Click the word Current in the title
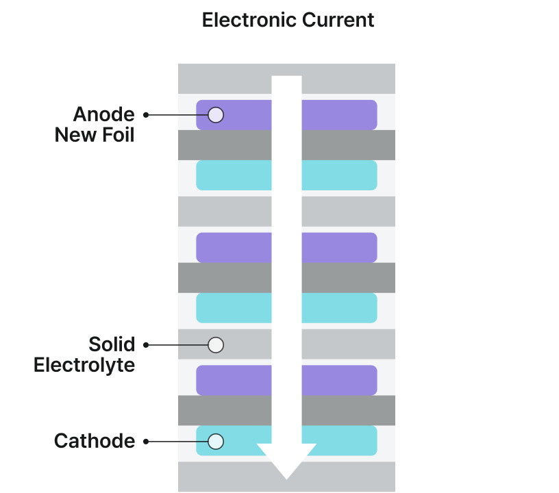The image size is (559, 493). tap(343, 20)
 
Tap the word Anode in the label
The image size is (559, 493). tap(103, 114)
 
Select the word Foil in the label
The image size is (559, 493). tap(117, 134)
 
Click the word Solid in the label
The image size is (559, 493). tap(111, 344)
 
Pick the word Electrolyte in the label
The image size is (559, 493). tap(84, 364)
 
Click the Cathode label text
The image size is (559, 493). tap(95, 441)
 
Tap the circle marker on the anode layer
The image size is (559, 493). tap(216, 115)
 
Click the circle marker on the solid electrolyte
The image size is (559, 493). tap(216, 344)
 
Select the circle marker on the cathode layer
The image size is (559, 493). tap(216, 442)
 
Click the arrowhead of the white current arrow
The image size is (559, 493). tap(286, 461)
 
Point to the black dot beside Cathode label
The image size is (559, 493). tap(146, 442)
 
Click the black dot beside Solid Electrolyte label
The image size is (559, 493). tap(146, 345)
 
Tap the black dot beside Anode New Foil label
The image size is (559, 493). tap(146, 115)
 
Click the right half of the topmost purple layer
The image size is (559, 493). tap(339, 115)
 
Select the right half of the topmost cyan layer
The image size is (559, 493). tap(339, 175)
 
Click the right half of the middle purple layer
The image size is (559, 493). tap(339, 248)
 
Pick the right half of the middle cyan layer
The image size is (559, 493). tap(339, 308)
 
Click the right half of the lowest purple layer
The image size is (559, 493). tap(339, 380)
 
